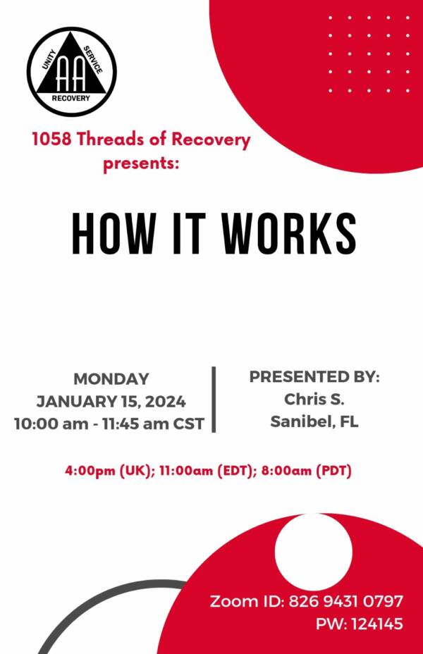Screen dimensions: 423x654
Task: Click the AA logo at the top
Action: [x=72, y=72]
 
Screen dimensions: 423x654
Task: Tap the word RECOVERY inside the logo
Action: [x=71, y=99]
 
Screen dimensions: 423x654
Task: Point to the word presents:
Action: [x=141, y=163]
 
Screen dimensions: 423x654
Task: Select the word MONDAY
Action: [x=111, y=379]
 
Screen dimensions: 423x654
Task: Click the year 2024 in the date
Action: [x=166, y=402]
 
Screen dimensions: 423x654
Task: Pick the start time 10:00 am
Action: [x=51, y=424]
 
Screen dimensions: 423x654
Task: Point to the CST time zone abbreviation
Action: [x=188, y=424]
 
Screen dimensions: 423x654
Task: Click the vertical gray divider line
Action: [x=214, y=400]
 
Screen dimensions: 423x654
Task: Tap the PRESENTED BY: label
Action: [x=314, y=376]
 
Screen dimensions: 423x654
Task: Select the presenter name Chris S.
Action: [x=314, y=399]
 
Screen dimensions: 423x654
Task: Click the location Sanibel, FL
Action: [x=314, y=421]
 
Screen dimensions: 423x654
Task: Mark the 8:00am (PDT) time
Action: [x=306, y=471]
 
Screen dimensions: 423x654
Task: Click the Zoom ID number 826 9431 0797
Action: [x=346, y=601]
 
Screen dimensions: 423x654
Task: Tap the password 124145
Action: [x=377, y=624]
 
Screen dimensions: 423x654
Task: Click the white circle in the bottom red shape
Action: [x=313, y=552]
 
